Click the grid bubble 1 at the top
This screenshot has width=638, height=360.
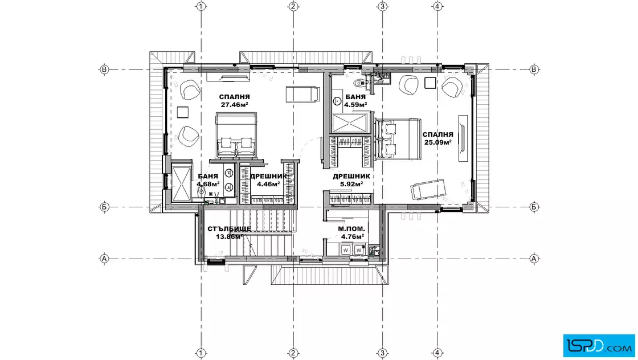click(201, 6)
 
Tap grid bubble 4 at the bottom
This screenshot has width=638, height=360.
click(437, 353)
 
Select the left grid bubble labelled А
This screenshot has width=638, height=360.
click(105, 258)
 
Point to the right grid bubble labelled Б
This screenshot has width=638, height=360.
click(534, 207)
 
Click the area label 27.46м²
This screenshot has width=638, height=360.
click(234, 105)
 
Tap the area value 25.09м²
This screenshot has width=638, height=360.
click(438, 142)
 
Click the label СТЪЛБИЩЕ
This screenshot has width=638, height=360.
click(229, 228)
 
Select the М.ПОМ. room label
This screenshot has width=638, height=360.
click(351, 228)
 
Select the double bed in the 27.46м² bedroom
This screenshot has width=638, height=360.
click(236, 135)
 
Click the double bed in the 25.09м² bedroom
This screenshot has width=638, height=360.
click(397, 139)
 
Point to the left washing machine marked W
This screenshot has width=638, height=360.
click(346, 249)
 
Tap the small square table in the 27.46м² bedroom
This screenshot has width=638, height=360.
click(183, 112)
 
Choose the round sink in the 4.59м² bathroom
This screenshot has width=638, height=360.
click(337, 101)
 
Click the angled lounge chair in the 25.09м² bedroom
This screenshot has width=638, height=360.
click(428, 189)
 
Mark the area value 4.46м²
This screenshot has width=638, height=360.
click(268, 184)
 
